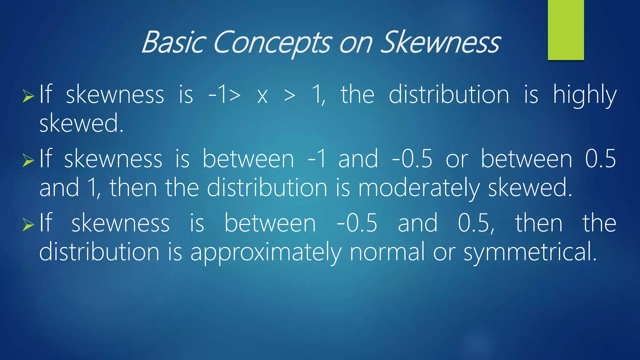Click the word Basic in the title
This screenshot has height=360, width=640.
click(x=174, y=42)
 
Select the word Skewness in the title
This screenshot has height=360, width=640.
click(x=441, y=42)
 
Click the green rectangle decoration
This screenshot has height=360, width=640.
click(x=566, y=30)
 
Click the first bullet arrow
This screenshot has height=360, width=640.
click(x=28, y=96)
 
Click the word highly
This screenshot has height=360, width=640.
click(x=585, y=95)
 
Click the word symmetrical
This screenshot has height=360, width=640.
click(x=530, y=252)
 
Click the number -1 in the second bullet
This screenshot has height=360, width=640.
click(x=317, y=159)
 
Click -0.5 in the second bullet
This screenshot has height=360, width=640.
click(x=412, y=159)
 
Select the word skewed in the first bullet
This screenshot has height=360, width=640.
click(x=81, y=123)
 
